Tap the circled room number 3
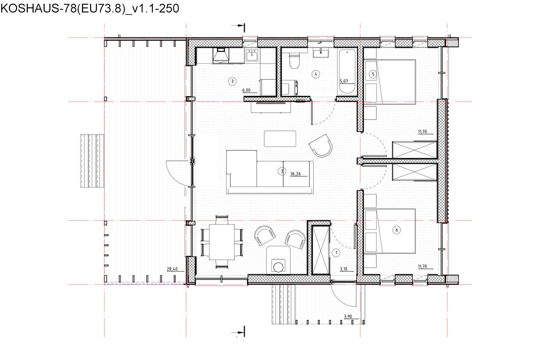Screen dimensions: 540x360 [x=232, y=81]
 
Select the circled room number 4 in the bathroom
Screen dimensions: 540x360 [x=316, y=74]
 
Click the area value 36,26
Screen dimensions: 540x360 [x=295, y=174]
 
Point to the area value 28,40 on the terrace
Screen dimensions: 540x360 [x=172, y=269]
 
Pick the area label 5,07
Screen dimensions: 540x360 [x=344, y=81]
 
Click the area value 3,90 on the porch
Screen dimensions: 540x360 [x=348, y=316]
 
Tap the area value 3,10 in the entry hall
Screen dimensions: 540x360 [x=344, y=269]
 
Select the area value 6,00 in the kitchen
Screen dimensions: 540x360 [x=246, y=90]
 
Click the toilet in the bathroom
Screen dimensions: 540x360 [x=294, y=61]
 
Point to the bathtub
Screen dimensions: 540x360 [x=347, y=72]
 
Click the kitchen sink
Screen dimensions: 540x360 [x=252, y=55]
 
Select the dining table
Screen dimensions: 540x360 [x=222, y=242]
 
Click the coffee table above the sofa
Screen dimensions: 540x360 [x=280, y=139]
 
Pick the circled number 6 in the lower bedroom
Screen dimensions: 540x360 [x=397, y=230]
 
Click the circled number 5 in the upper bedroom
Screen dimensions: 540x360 [x=373, y=74]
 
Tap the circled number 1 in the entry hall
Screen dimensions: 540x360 [x=336, y=253]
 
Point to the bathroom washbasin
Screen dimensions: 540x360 [x=321, y=53]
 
